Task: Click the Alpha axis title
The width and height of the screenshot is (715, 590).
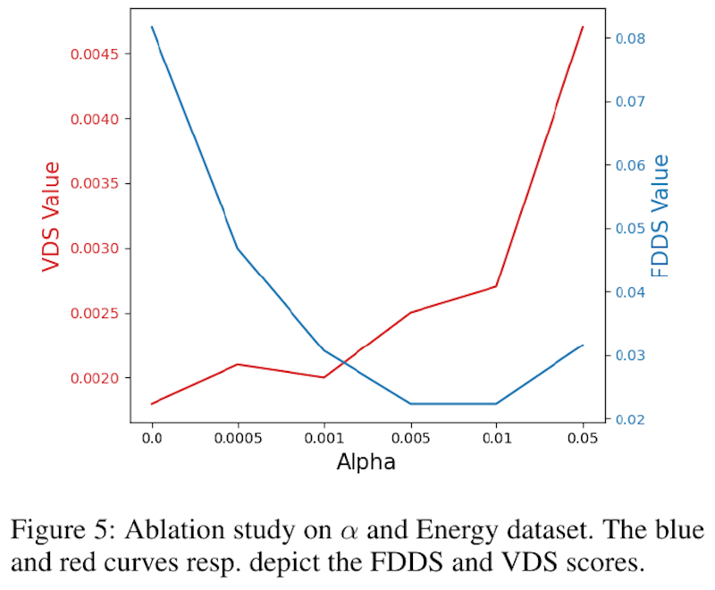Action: tap(366, 462)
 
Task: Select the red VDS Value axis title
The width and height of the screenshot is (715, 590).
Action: tap(51, 216)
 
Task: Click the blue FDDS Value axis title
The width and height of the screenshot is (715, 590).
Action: tap(660, 216)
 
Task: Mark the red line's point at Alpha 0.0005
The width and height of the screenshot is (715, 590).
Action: tap(238, 365)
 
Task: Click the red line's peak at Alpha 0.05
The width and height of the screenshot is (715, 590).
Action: tap(583, 27)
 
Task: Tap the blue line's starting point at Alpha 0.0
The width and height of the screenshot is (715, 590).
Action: tap(152, 27)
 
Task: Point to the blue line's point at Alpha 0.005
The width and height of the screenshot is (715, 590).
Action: tap(410, 403)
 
